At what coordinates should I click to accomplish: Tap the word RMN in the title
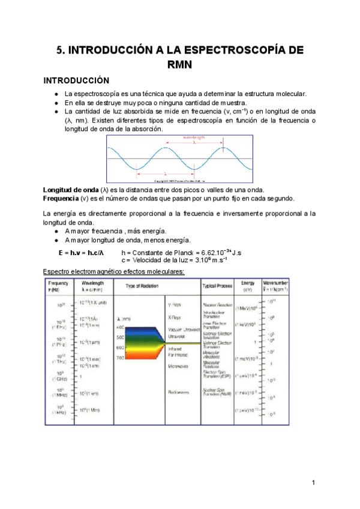coord(179,65)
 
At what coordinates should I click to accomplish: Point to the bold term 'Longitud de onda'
coord(69,190)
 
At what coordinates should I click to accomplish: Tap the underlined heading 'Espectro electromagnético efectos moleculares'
coord(106,271)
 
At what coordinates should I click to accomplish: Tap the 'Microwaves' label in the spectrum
coord(179,366)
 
